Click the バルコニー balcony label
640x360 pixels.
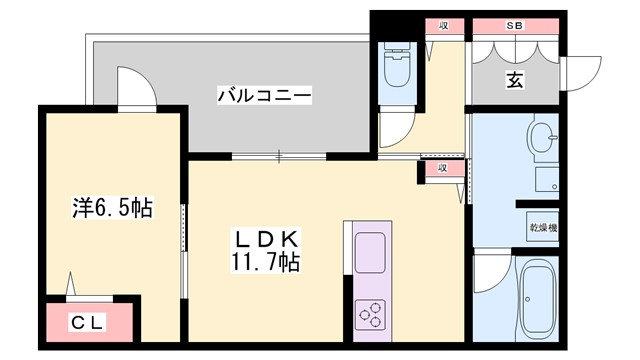265,96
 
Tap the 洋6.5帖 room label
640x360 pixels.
111,208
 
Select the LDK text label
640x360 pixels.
265,240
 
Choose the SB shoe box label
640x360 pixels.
514,25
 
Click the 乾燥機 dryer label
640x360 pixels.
544,228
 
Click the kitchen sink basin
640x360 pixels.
370,249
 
